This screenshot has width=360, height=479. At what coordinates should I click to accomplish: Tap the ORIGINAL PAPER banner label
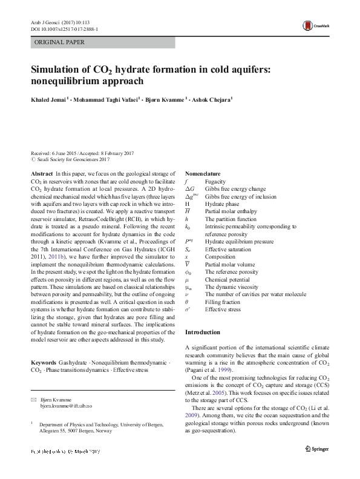coord(59,42)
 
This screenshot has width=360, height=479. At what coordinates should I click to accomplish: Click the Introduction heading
coord(202,332)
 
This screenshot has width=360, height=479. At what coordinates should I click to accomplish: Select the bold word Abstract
coord(41,174)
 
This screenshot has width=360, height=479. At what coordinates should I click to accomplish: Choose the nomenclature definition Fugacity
coord(216,181)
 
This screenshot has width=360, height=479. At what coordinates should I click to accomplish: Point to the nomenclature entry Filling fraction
coord(224,301)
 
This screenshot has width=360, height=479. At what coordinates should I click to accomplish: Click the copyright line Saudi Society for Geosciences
coord(73,160)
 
